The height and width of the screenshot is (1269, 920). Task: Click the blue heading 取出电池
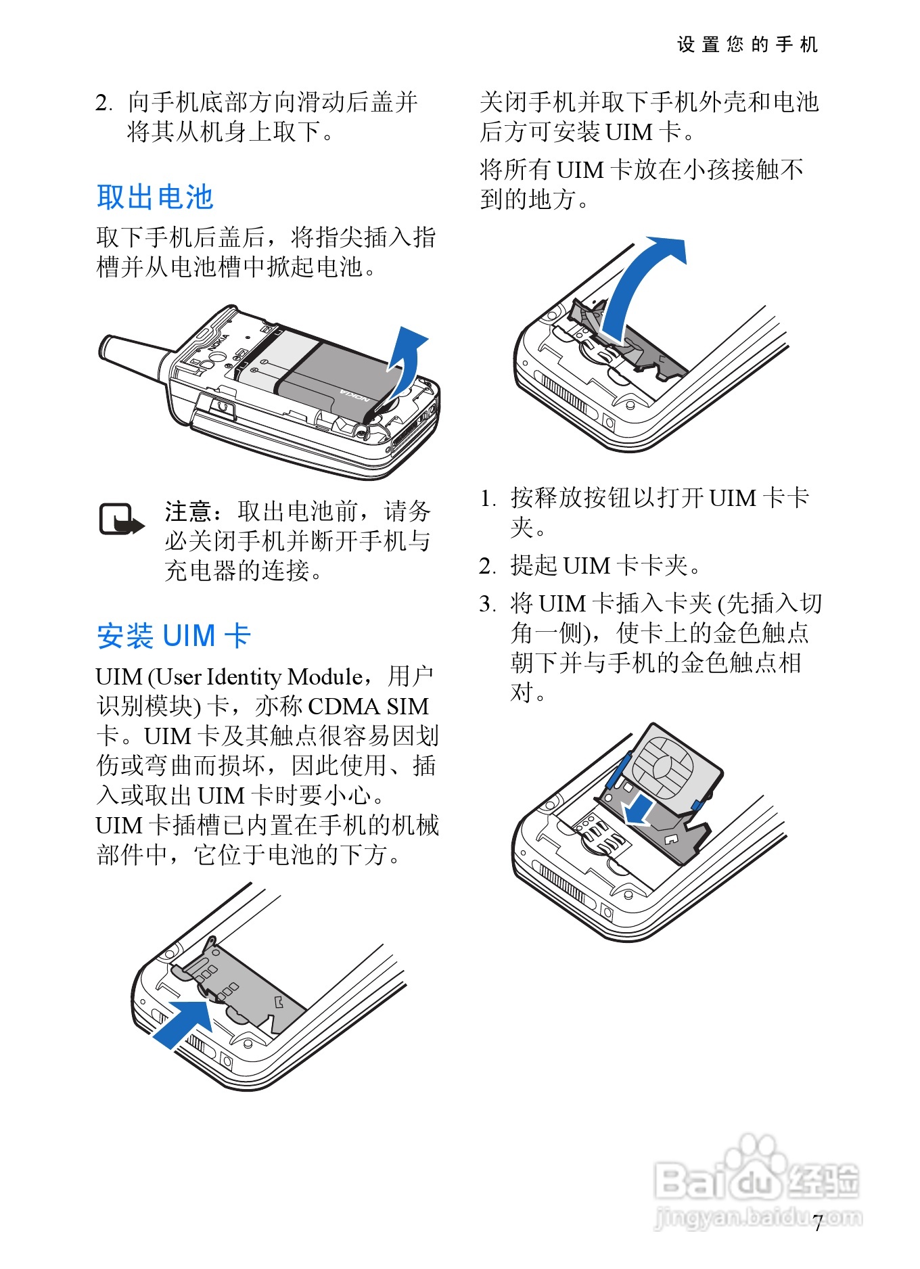(x=155, y=197)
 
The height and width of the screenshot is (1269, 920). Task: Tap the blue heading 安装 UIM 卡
(x=174, y=636)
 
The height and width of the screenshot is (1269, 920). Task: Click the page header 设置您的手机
(x=747, y=45)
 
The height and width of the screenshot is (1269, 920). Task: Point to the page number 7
(x=818, y=1223)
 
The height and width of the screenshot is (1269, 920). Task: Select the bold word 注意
(x=188, y=511)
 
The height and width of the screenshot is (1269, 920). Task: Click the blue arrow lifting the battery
(x=405, y=359)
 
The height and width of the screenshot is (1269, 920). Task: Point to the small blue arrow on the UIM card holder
(x=639, y=809)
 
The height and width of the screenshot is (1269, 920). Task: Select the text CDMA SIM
(x=369, y=706)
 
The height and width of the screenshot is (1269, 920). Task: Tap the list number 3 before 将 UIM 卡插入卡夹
(x=488, y=603)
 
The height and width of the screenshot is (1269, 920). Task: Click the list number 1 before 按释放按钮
(x=488, y=498)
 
